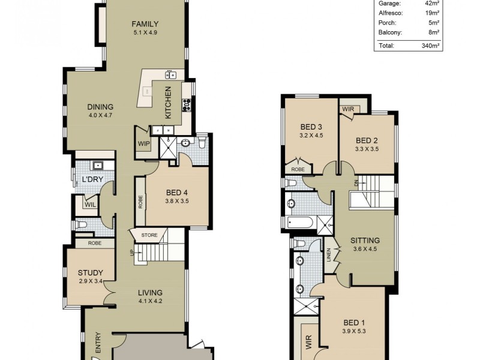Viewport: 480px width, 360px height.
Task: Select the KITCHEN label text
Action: (x=169, y=101)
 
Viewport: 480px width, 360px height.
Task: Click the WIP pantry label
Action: (x=143, y=144)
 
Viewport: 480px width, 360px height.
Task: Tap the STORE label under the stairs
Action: (x=150, y=235)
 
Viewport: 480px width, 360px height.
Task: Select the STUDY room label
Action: (x=90, y=272)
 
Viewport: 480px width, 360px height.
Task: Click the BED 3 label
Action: (x=311, y=127)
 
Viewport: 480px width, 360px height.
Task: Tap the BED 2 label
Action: (x=367, y=140)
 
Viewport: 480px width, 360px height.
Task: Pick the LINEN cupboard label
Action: (x=329, y=256)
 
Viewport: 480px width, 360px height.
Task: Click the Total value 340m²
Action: (x=430, y=46)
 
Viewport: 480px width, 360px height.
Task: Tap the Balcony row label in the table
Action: (x=390, y=32)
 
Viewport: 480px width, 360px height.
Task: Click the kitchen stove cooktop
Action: (x=187, y=104)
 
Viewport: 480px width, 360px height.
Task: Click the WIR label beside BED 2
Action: (x=348, y=109)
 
